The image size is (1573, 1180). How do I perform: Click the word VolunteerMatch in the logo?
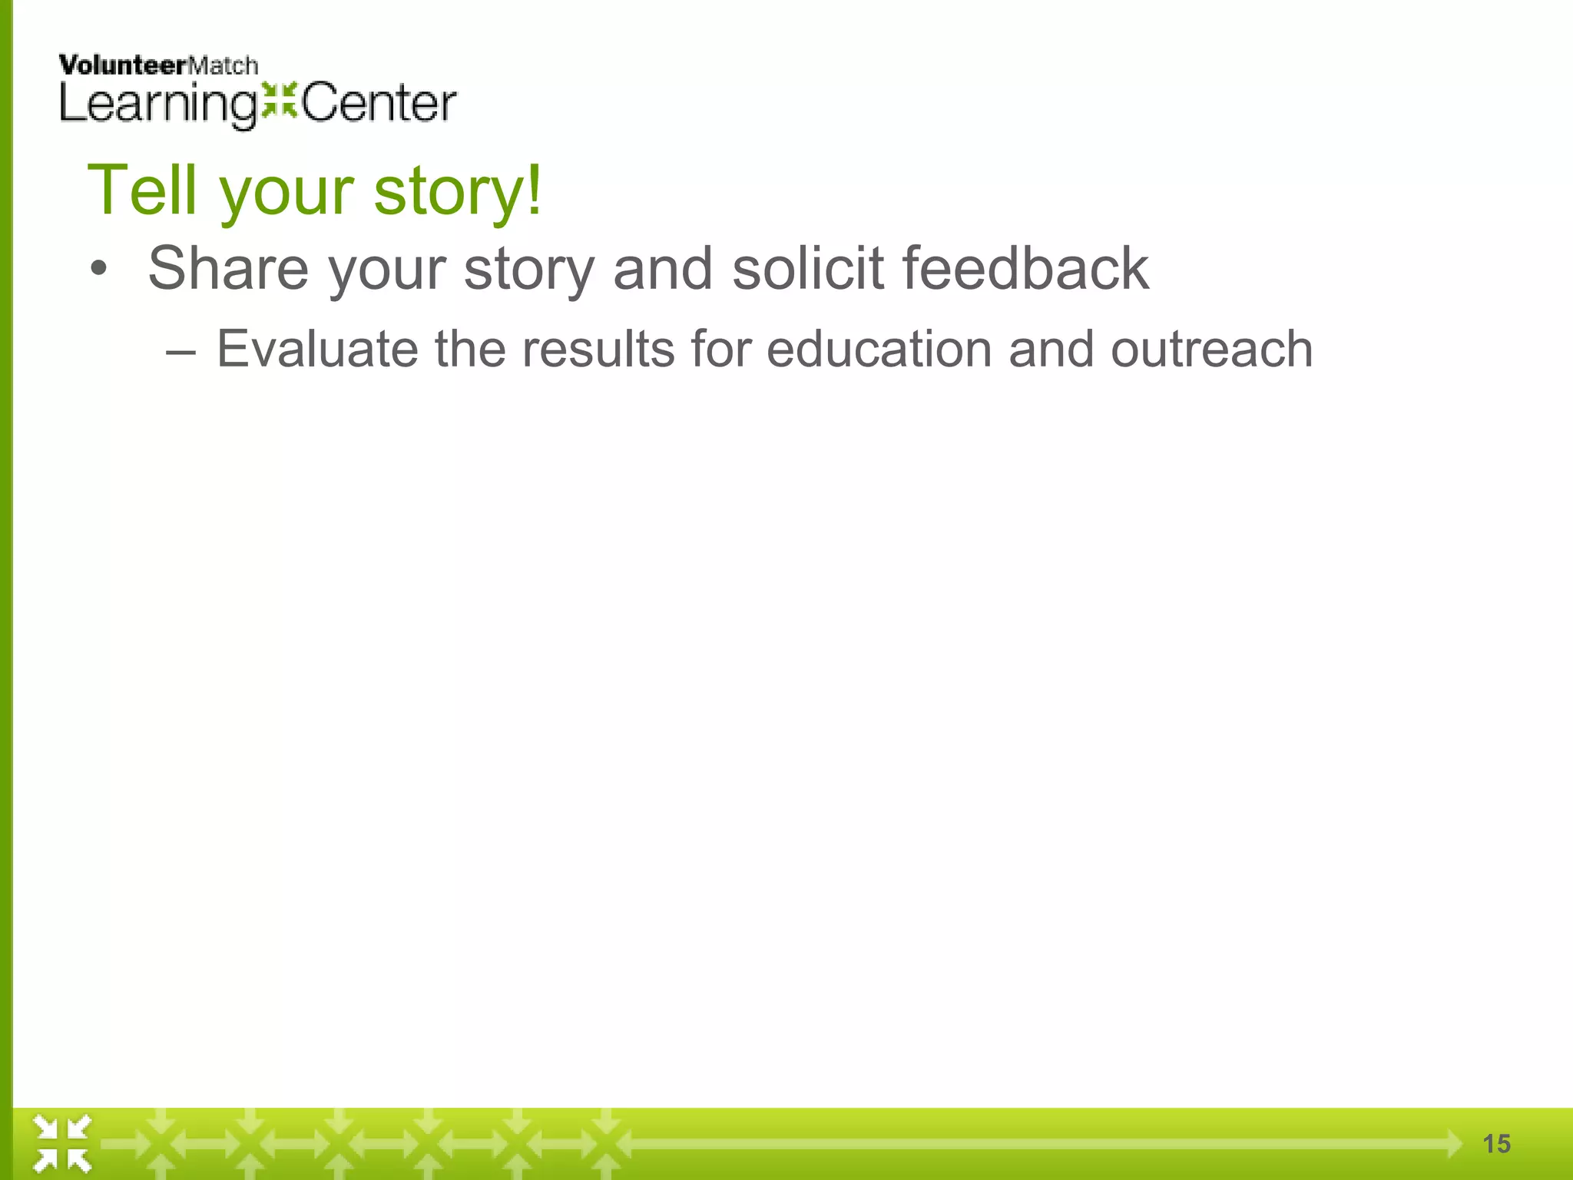click(x=158, y=66)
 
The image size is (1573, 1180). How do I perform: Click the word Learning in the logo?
click(x=158, y=104)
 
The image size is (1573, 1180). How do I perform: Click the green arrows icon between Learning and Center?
click(x=280, y=101)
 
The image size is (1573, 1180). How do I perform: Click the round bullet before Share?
click(x=98, y=270)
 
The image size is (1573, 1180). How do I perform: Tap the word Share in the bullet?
click(x=228, y=268)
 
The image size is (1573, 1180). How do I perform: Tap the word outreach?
click(x=1211, y=350)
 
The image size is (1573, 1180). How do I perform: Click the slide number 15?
click(x=1496, y=1144)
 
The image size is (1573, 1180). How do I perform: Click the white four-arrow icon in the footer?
click(x=62, y=1144)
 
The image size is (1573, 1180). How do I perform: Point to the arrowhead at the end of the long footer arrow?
click(x=1453, y=1144)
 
